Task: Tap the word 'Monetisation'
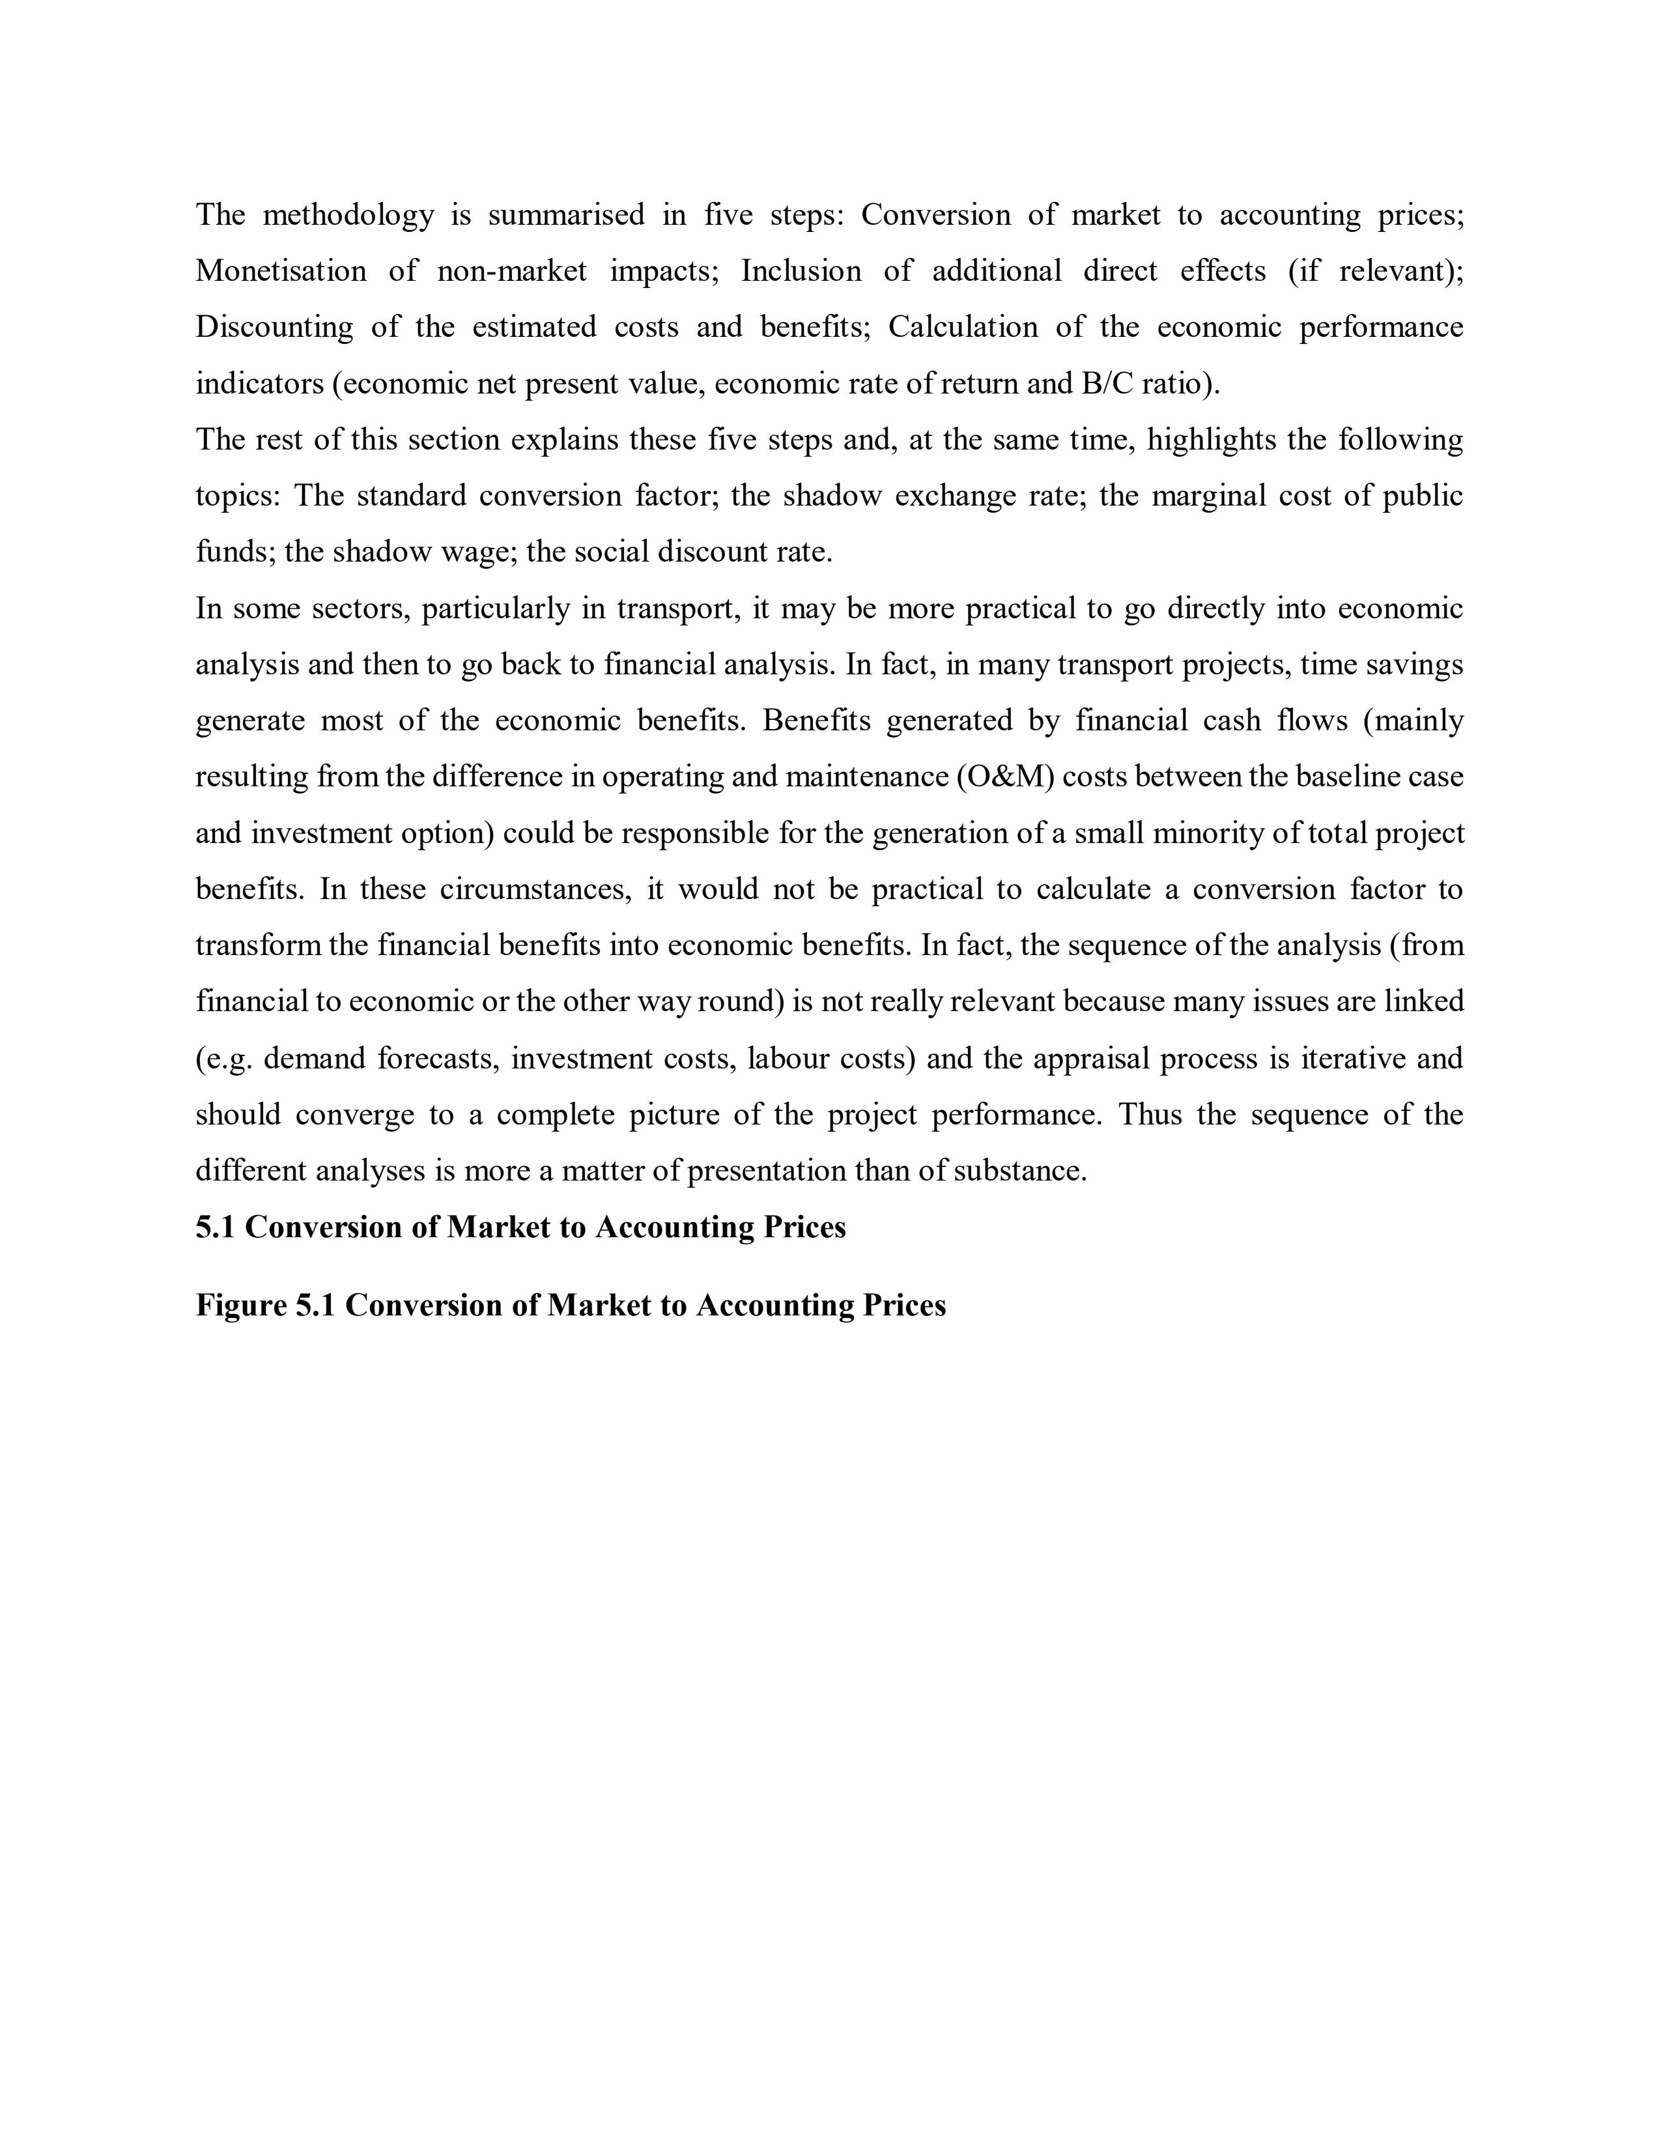tap(281, 271)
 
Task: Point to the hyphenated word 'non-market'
tap(512, 271)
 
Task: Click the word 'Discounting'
tap(274, 327)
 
